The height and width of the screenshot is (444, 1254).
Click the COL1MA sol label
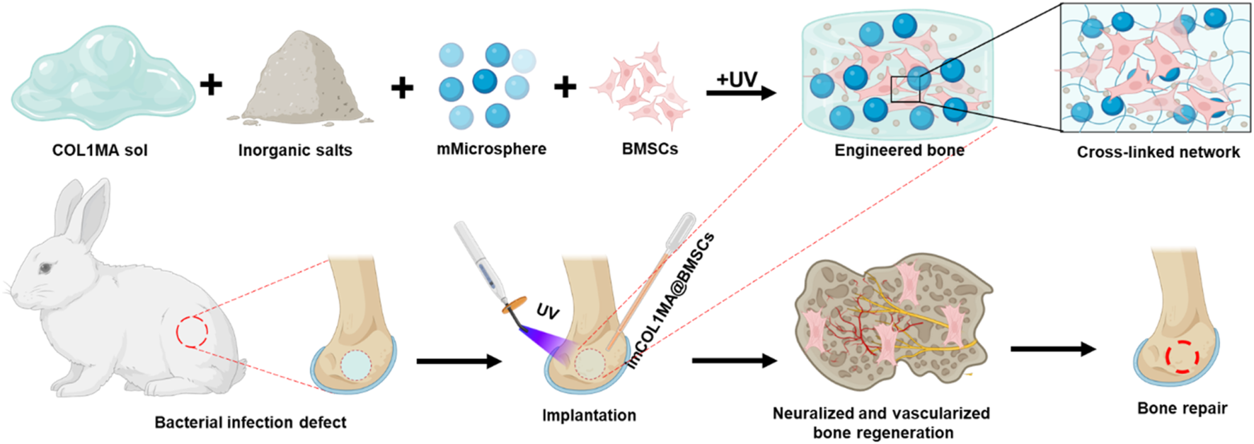click(x=100, y=151)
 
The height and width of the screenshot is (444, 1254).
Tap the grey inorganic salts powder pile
click(x=300, y=81)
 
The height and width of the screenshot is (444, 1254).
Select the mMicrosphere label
click(x=491, y=149)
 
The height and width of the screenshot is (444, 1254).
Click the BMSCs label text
click(x=650, y=149)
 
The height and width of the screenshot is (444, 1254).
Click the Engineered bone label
click(x=899, y=151)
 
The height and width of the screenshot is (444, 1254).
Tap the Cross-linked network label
click(x=1158, y=152)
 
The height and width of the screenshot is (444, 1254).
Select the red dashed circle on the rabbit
click(x=192, y=332)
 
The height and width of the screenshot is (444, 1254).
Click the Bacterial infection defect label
click(x=251, y=423)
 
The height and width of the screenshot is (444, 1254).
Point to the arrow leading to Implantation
click(x=459, y=362)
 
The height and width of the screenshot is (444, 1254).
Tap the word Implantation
click(x=589, y=416)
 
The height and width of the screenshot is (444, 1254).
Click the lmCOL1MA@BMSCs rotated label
click(x=671, y=300)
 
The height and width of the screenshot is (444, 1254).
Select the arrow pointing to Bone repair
click(x=1052, y=349)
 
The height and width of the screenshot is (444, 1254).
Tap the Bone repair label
click(x=1182, y=409)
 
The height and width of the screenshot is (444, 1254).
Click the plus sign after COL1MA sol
click(x=211, y=85)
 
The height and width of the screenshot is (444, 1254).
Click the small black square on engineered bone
click(x=905, y=88)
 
